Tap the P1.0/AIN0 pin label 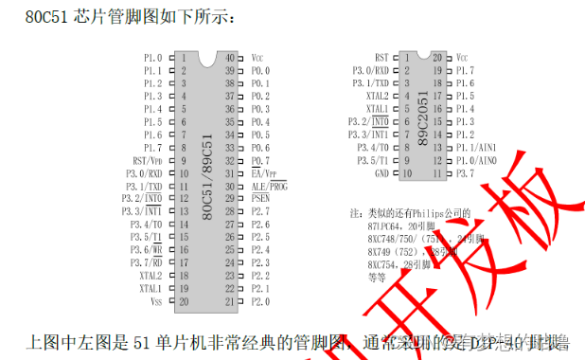(475, 161)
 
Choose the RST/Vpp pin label (146, 161)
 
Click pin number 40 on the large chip (229, 58)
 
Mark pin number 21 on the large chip (229, 301)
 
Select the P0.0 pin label (260, 71)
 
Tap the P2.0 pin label (260, 301)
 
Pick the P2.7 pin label (260, 212)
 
